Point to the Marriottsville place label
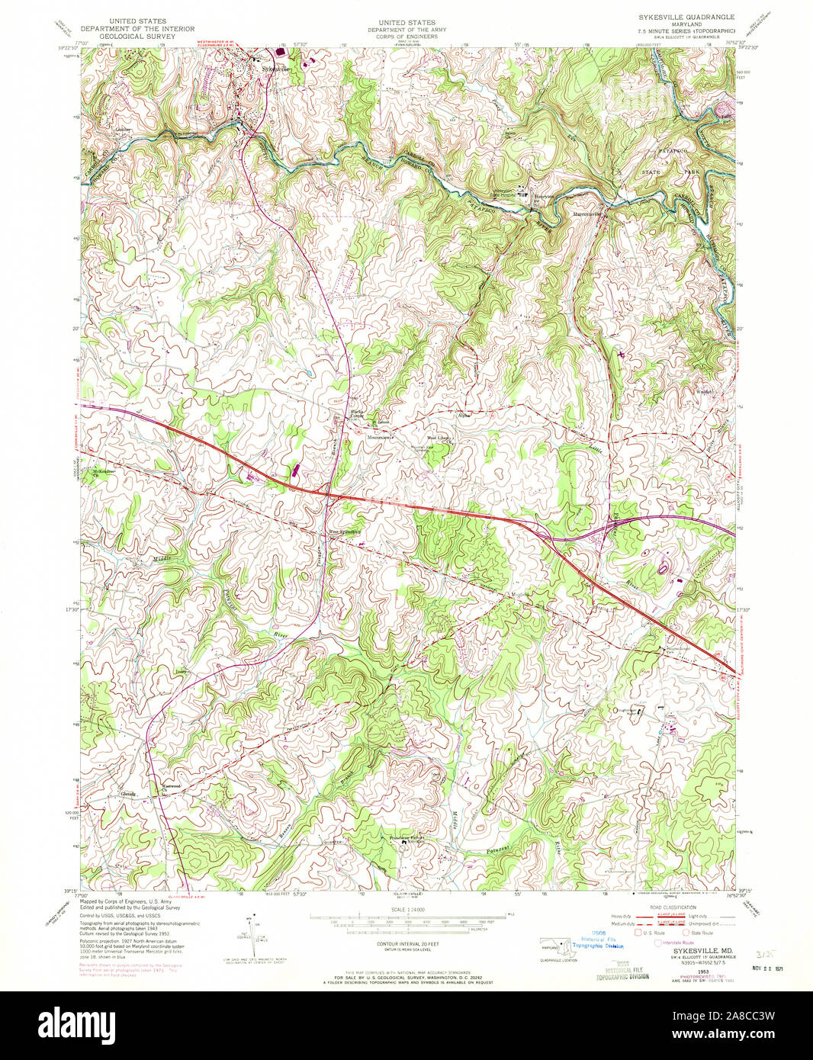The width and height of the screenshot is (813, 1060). point(588,214)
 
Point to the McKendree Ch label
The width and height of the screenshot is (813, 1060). point(103,471)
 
